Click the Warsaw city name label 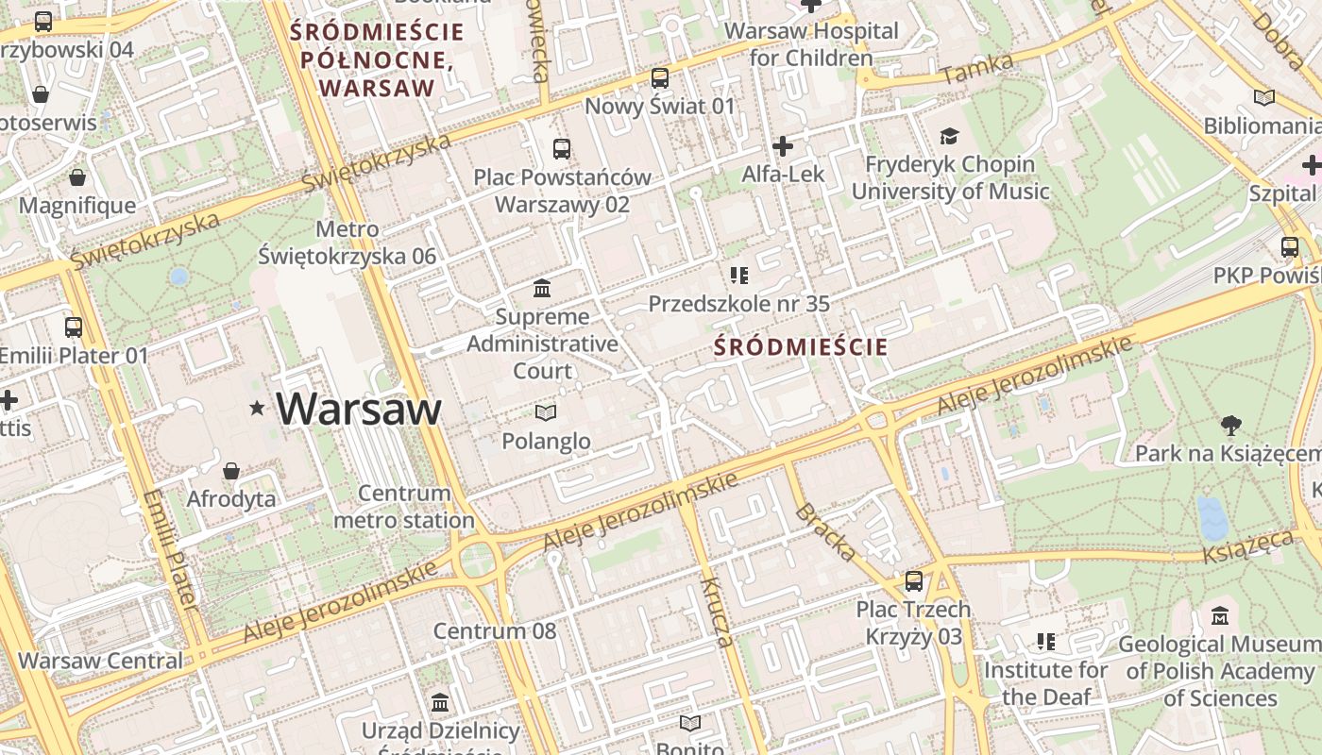tap(359, 409)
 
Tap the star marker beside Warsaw tap(257, 409)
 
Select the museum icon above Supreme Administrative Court tap(542, 288)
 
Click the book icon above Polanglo tap(546, 412)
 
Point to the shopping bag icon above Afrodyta tap(231, 471)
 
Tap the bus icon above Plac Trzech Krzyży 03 tap(913, 581)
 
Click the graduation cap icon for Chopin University tap(949, 137)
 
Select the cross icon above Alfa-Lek tap(782, 146)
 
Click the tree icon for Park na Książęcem tap(1230, 426)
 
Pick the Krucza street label tap(717, 612)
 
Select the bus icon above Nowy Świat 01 tap(660, 78)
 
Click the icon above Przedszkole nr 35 tap(738, 276)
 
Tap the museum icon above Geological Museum tap(1219, 616)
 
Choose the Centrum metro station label tap(404, 507)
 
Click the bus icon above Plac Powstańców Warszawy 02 tap(562, 149)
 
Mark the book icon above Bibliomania tap(1263, 98)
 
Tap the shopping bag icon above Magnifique tap(77, 178)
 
